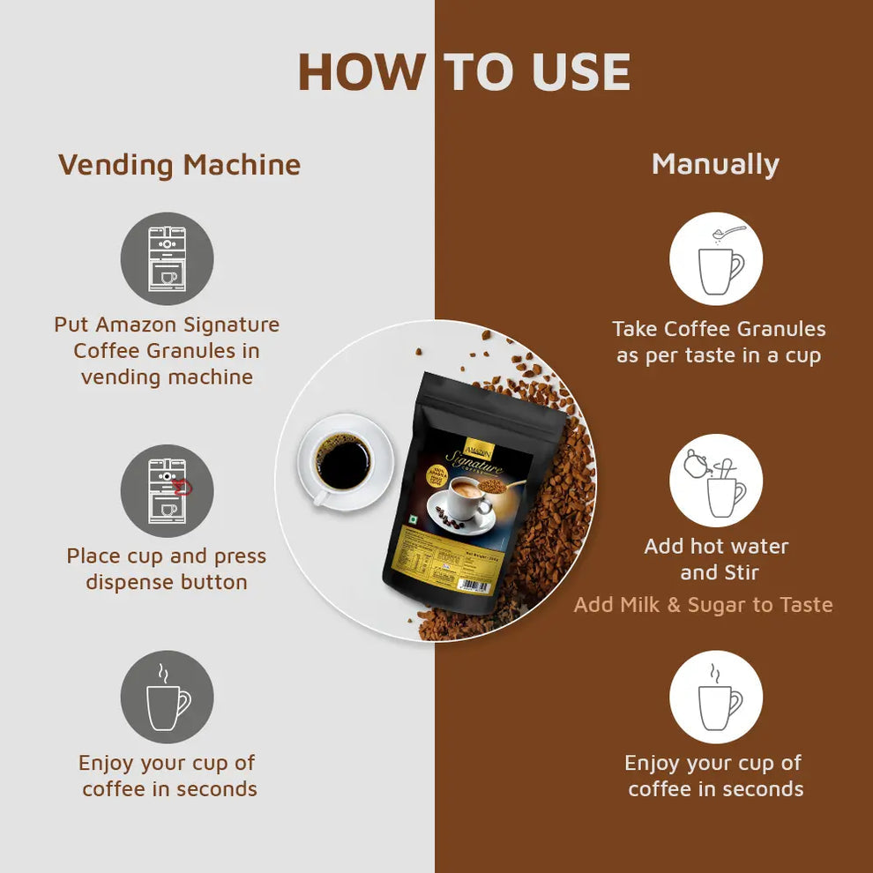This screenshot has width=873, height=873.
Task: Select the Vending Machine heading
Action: pos(179,165)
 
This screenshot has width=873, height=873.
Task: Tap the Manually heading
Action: pos(715,165)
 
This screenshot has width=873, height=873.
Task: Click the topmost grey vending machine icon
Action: pos(167,258)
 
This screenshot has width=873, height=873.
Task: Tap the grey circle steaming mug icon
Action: pos(167,697)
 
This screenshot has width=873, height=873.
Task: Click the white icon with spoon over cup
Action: pos(715,258)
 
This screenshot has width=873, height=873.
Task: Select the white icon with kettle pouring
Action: pos(715,481)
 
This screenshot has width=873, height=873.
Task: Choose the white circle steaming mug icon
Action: pos(715,697)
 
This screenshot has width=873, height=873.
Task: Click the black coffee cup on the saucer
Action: pos(343,463)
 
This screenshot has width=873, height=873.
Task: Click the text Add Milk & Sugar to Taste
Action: pos(703,605)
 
